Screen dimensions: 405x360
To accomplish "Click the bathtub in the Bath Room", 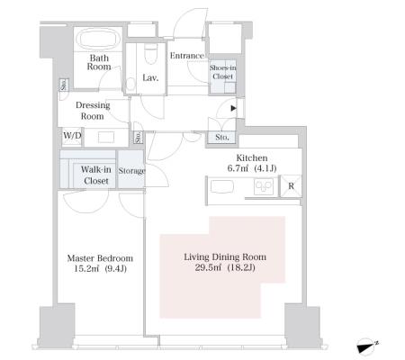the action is tap(99, 40).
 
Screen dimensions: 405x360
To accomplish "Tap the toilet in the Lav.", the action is tap(150, 54).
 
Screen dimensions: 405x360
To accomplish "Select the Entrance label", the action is tap(187, 56).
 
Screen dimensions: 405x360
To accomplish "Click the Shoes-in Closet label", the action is tap(222, 72).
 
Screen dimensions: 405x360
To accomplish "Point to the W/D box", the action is tap(72, 136).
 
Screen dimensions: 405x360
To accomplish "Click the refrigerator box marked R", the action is tap(291, 186).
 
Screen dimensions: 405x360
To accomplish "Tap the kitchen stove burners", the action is tap(264, 186).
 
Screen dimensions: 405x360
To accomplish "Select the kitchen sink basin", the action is tap(222, 186).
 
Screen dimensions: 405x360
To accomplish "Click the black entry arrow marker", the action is tap(234, 108).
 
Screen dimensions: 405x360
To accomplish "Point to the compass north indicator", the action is tap(367, 346).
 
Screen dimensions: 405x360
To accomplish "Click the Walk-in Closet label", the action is tap(95, 175).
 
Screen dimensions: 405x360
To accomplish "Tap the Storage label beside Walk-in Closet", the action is tap(131, 171).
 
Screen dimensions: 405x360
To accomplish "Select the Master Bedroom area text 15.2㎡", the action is tap(86, 268).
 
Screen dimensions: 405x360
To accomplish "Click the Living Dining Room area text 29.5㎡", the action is tap(208, 267).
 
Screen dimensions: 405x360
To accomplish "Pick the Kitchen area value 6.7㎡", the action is tap(238, 168).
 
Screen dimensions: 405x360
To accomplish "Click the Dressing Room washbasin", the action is tap(106, 137).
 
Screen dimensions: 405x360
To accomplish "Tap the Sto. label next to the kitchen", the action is tap(222, 138).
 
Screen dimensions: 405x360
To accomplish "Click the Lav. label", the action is tap(150, 78).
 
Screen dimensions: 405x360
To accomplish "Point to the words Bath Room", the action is tap(99, 62).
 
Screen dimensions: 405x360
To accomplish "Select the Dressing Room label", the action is tap(93, 111).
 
